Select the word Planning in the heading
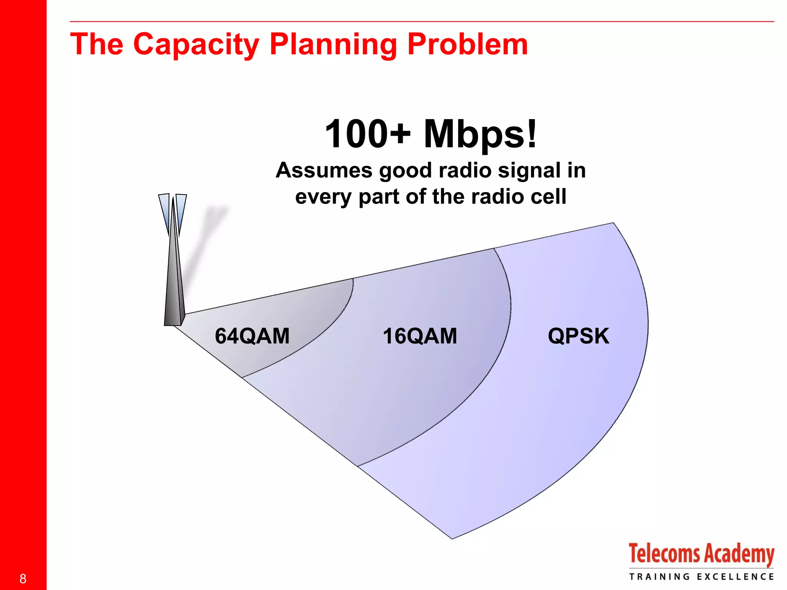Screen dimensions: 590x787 point(333,45)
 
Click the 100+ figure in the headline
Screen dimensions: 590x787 point(367,134)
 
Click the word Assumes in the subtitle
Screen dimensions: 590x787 point(324,170)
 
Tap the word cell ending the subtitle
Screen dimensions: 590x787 point(548,197)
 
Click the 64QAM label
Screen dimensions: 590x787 point(252,336)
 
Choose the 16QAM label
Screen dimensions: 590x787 point(420,336)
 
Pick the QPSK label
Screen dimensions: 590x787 point(578,336)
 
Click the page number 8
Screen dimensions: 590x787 point(23,578)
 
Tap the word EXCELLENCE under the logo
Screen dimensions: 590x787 point(735,577)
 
